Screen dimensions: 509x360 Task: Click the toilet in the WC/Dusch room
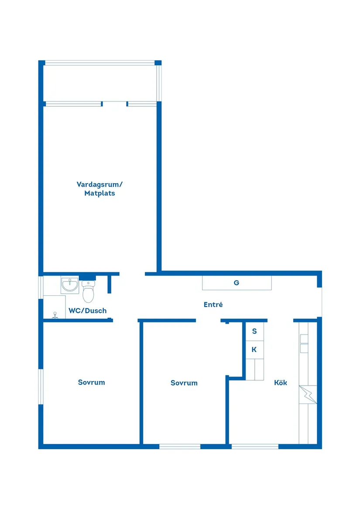pyautogui.click(x=88, y=292)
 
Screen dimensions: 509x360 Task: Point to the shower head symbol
pyautogui.click(x=55, y=315)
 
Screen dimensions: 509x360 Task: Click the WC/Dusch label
pyautogui.click(x=87, y=311)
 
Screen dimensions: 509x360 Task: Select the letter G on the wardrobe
pyautogui.click(x=237, y=283)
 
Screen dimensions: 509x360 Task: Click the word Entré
pyautogui.click(x=213, y=305)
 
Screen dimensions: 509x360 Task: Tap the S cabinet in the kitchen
pyautogui.click(x=254, y=331)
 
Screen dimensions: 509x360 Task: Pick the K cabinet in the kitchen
pyautogui.click(x=254, y=350)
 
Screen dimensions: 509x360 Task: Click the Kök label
pyautogui.click(x=280, y=383)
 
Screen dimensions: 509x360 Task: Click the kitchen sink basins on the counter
pyautogui.click(x=304, y=344)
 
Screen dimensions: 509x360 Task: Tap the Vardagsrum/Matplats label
pyautogui.click(x=99, y=188)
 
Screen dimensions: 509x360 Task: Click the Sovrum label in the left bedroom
pyautogui.click(x=91, y=382)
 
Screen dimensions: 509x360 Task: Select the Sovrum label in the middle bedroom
pyautogui.click(x=184, y=383)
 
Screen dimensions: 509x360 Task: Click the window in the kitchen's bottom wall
pyautogui.click(x=255, y=446)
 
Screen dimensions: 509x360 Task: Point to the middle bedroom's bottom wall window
pyautogui.click(x=180, y=446)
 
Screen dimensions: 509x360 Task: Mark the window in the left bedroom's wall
pyautogui.click(x=41, y=386)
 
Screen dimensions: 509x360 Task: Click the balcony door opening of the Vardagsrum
pyautogui.click(x=115, y=104)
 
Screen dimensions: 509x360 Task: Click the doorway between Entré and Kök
pyautogui.click(x=280, y=320)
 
